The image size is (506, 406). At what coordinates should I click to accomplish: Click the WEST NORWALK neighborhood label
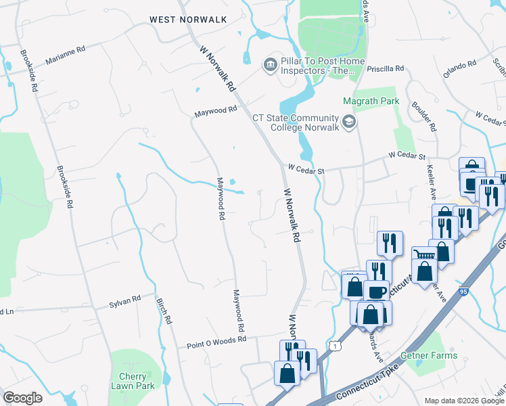pos(188,20)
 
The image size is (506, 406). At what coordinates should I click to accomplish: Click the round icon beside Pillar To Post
pos(270,64)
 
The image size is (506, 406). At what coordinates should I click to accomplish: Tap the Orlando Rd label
pos(460,68)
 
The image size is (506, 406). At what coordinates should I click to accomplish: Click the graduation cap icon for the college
pos(349,122)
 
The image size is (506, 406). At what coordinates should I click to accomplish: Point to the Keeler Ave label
pos(430,185)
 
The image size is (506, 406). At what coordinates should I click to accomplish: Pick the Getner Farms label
pos(433,355)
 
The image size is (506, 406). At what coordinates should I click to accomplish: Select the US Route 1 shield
pos(333,346)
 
